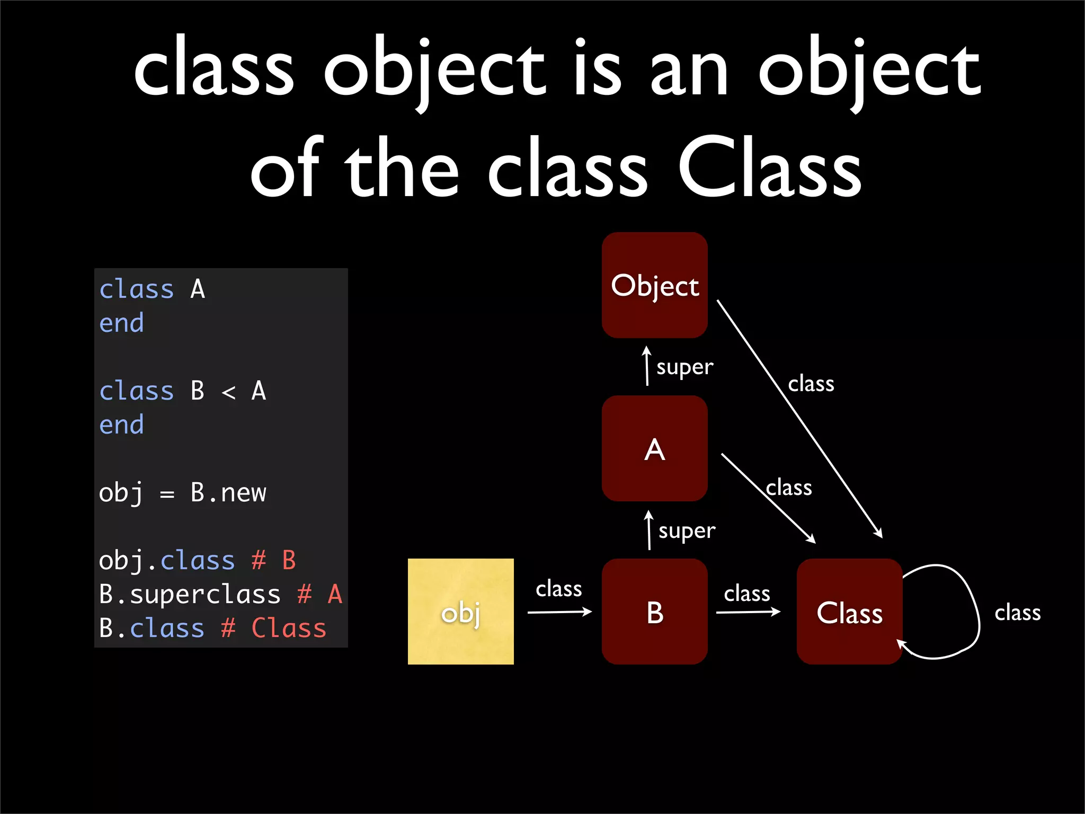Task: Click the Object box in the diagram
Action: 655,285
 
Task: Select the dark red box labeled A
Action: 655,448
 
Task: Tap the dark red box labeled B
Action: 655,612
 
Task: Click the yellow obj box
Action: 460,612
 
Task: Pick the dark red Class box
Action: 849,612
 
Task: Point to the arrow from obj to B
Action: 559,612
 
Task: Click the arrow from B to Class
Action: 748,612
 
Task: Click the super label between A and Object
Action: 684,367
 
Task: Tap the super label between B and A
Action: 687,530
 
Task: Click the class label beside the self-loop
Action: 1017,613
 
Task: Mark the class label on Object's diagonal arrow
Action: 811,384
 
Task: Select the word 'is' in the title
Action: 598,69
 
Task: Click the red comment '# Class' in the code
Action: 273,628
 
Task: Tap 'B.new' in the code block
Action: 228,492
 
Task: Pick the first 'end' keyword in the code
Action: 121,323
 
